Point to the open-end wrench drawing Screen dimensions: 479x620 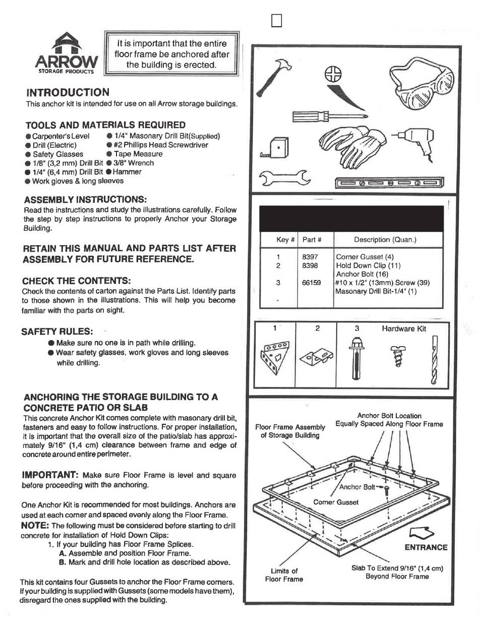pos(284,178)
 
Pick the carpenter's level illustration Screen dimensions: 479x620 pos(389,182)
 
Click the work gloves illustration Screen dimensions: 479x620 pos(352,147)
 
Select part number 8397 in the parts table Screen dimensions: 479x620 pos(310,257)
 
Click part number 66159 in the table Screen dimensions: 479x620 pos(312,283)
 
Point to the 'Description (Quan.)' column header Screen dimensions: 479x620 pos(385,240)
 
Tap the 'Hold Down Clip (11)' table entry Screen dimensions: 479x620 pos(369,266)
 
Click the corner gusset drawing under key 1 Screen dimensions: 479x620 pos(275,358)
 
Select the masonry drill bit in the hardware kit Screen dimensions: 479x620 pos(434,359)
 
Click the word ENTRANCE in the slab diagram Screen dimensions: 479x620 pos(426,547)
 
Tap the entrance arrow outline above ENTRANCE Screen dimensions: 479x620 pos(422,533)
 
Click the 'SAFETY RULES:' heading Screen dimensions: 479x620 pos(57,331)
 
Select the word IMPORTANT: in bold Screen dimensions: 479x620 pos(50,475)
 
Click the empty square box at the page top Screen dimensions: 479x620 pos(277,21)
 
